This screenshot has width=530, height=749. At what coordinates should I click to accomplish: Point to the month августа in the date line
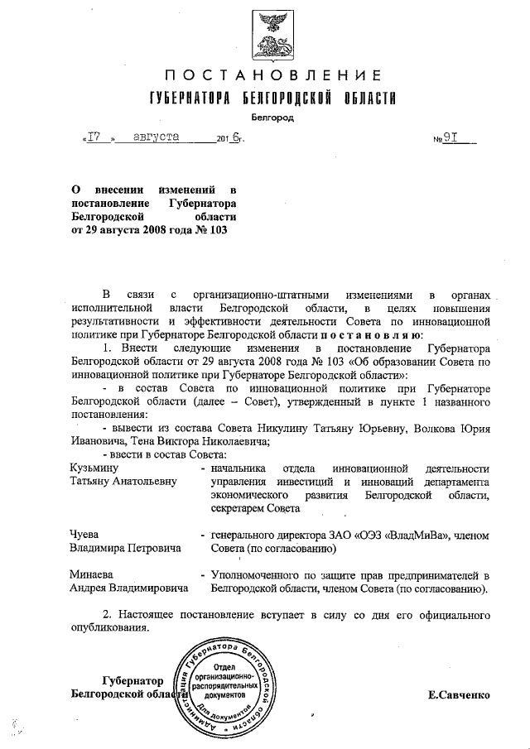pos(158,138)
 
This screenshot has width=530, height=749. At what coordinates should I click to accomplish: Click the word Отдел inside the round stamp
pos(227,666)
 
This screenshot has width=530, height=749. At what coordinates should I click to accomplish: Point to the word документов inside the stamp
pos(227,698)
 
